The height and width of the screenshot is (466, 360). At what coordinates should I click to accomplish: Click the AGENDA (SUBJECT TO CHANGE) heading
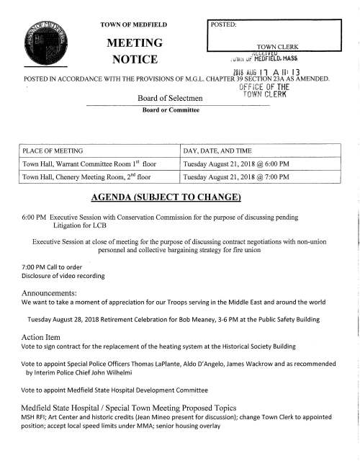click(x=179, y=199)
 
